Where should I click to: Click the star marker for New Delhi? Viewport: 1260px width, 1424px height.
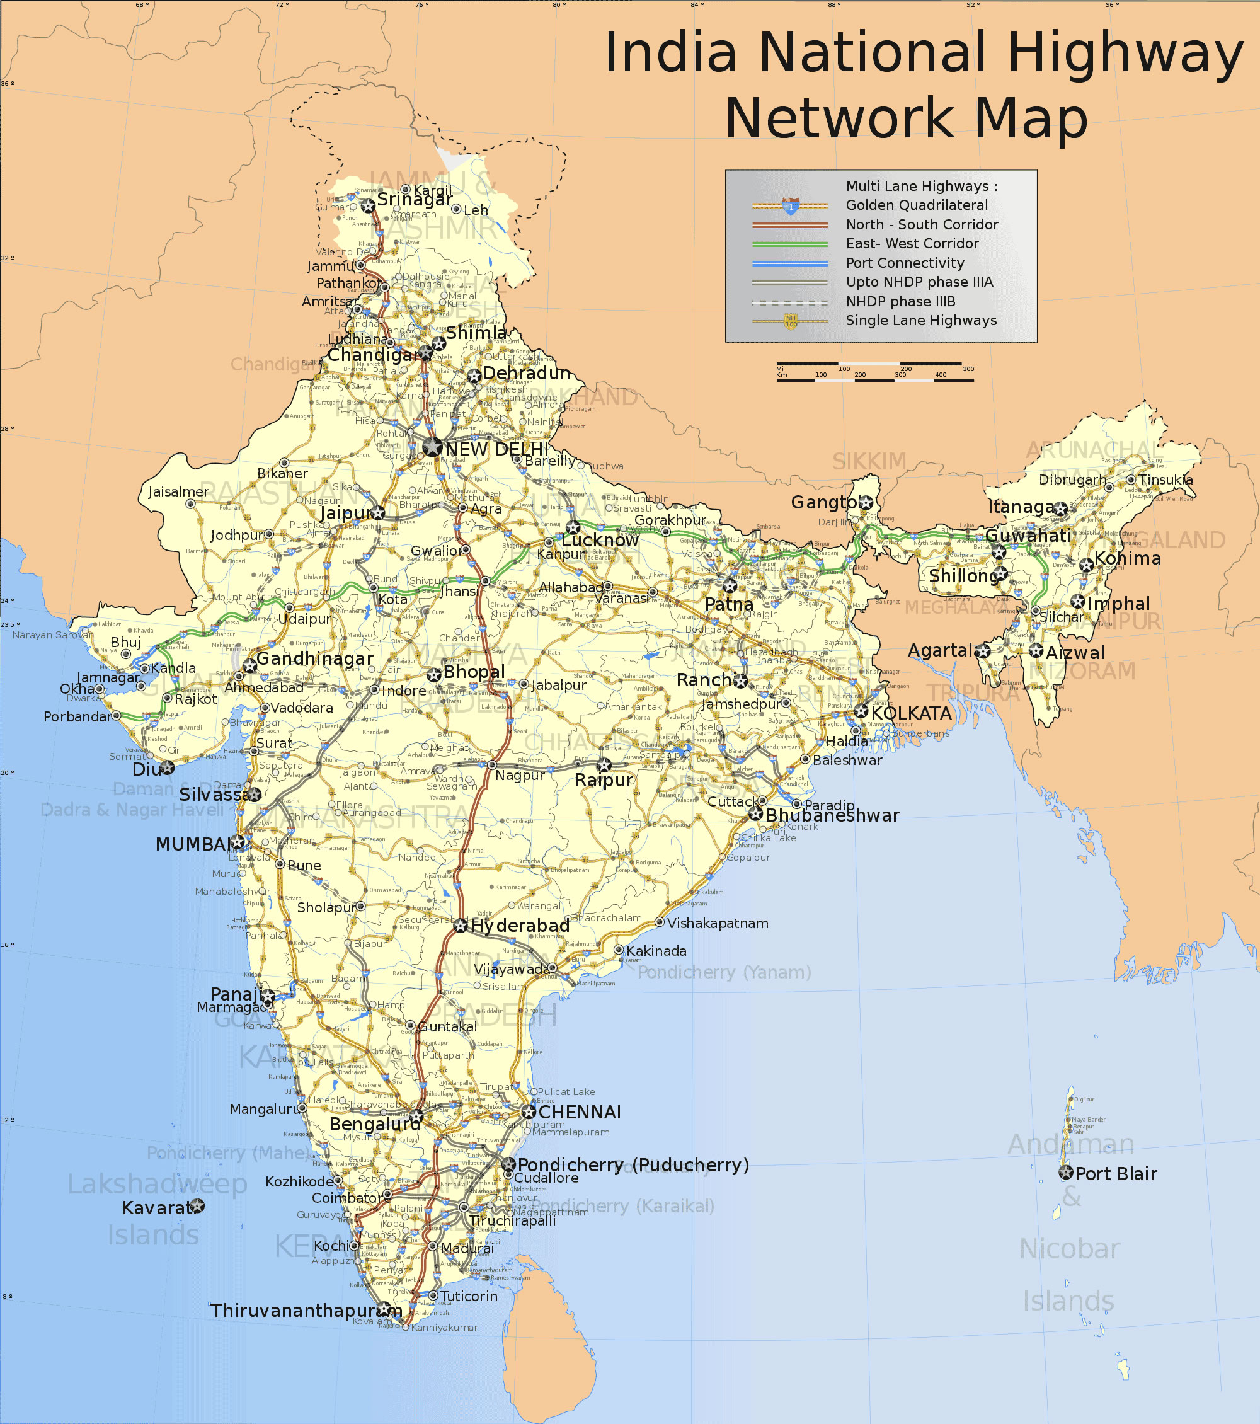click(x=433, y=447)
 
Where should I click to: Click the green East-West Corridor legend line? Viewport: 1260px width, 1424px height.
click(x=790, y=244)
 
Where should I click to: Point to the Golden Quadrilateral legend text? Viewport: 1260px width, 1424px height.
click(x=917, y=205)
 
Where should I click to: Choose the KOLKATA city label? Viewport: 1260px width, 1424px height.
click(x=911, y=713)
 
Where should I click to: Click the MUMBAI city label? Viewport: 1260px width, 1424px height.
click(x=192, y=844)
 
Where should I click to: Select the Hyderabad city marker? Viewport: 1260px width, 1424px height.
click(x=461, y=926)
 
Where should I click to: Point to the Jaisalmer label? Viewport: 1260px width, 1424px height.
click(x=178, y=492)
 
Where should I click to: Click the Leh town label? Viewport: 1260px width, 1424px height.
click(x=476, y=210)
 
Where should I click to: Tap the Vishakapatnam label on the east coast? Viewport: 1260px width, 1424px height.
click(x=718, y=923)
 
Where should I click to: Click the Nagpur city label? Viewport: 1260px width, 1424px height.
click(x=520, y=776)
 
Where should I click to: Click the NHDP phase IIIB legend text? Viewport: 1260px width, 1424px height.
click(x=901, y=302)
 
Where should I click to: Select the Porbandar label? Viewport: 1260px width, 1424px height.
click(x=77, y=717)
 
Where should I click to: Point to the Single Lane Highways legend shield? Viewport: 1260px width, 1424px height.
click(x=791, y=321)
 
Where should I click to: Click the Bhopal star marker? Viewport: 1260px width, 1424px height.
click(x=434, y=674)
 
